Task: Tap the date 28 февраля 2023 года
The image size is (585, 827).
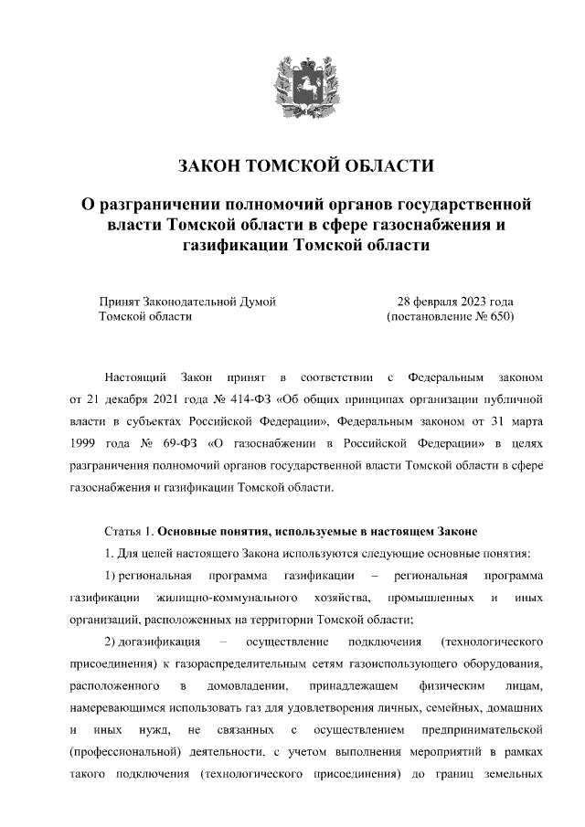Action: click(x=454, y=301)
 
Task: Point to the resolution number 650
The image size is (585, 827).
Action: click(x=499, y=316)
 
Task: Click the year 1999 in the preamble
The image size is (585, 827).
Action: click(x=83, y=443)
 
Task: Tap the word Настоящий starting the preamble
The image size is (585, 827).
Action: click(x=134, y=376)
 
